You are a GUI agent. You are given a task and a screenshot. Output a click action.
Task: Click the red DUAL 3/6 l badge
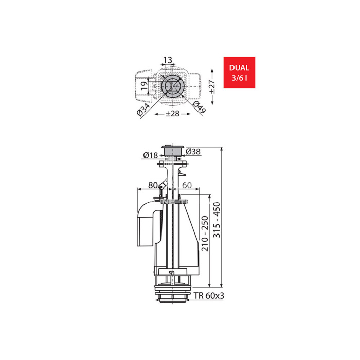pyautogui.click(x=239, y=73)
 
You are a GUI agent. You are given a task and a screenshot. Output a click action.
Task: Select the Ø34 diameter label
pyautogui.click(x=143, y=109)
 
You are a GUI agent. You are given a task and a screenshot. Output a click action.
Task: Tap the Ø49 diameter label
pyautogui.click(x=199, y=107)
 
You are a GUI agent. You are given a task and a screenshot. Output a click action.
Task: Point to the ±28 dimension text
pyautogui.click(x=172, y=114)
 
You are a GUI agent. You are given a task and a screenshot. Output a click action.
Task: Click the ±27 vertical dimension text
pyautogui.click(x=212, y=86)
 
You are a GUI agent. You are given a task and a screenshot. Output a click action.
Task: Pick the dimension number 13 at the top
pyautogui.click(x=168, y=60)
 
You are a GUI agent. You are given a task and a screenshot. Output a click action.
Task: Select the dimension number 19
pyautogui.click(x=143, y=86)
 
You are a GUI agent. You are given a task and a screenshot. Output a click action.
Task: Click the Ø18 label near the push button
pyautogui.click(x=150, y=155)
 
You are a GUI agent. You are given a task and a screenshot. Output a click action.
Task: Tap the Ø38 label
pyautogui.click(x=193, y=152)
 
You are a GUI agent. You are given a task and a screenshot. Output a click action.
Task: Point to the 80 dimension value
pyautogui.click(x=153, y=185)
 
